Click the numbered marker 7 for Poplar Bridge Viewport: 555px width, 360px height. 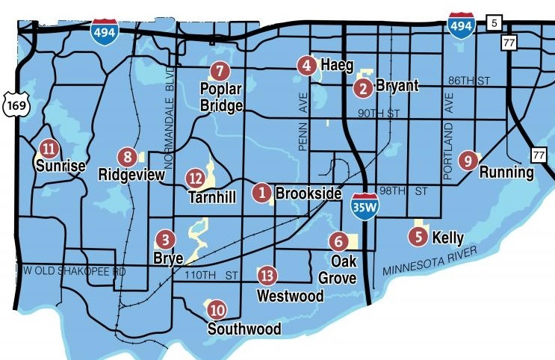click(218, 72)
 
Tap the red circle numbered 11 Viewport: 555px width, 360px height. click(49, 148)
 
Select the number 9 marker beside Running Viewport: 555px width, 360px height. click(468, 159)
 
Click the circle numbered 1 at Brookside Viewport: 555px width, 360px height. click(261, 193)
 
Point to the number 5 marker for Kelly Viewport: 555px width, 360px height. click(418, 237)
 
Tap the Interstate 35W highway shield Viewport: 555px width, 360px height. click(364, 207)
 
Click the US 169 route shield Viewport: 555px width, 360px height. click(14, 105)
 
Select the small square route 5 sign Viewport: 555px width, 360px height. click(492, 23)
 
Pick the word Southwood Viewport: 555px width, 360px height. click(244, 329)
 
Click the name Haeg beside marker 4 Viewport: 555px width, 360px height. click(337, 66)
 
